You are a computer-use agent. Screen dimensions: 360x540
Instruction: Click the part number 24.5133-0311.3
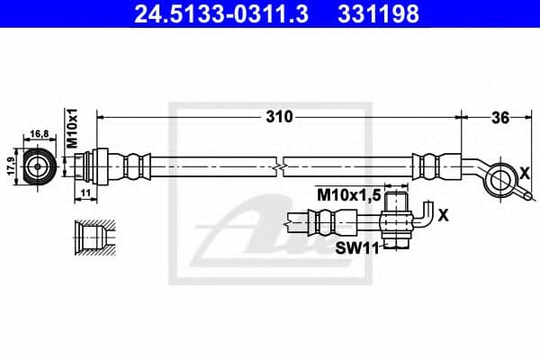210,14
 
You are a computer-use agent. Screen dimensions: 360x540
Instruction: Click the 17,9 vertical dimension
12,167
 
